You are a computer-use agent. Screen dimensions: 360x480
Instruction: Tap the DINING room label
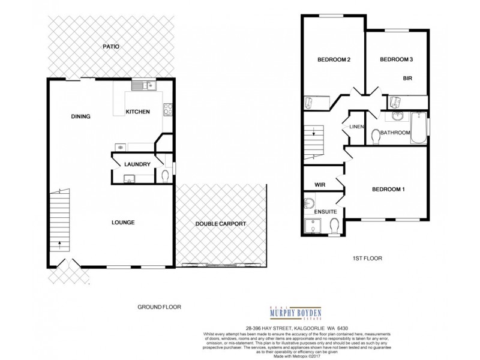[80, 116]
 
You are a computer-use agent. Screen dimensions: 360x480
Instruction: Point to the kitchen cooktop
[169, 110]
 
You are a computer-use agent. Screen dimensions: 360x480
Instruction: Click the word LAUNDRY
[136, 164]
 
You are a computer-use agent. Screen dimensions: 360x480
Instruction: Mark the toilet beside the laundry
[165, 176]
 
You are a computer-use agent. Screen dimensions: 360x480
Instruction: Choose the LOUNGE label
[122, 223]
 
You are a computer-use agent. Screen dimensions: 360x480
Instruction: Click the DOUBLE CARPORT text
[221, 224]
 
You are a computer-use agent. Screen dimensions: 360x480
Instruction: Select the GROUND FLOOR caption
[158, 307]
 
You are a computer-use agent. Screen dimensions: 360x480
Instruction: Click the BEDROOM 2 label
[334, 59]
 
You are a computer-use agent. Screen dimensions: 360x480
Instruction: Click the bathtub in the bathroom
[418, 128]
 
